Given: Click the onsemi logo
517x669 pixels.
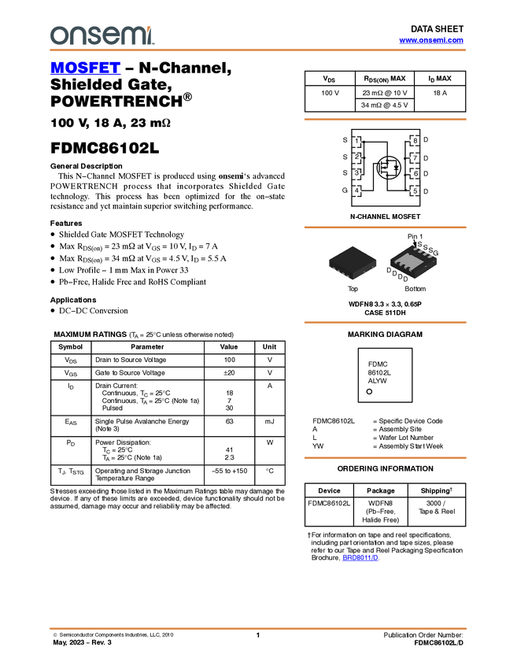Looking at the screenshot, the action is coord(102,35).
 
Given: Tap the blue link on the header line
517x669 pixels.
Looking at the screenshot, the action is coord(430,40).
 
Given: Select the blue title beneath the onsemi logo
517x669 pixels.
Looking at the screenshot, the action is coord(85,68).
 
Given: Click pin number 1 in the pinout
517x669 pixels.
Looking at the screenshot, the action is coord(356,142).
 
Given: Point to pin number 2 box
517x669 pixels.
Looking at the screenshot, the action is coord(356,157).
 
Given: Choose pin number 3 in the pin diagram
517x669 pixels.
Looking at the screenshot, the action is coord(356,173).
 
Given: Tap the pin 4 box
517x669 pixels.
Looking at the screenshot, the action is coord(356,190).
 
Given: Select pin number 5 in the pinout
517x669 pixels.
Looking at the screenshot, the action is coord(415,190).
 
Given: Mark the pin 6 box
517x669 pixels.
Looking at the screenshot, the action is coord(415,173).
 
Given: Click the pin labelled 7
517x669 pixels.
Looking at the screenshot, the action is coord(415,157).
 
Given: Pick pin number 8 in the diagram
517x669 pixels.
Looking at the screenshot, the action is coord(415,141).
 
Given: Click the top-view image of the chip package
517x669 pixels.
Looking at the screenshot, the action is coord(353,262).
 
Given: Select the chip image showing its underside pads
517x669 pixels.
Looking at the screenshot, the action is coord(413,262).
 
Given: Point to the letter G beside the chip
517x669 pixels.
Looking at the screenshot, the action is coord(436,252).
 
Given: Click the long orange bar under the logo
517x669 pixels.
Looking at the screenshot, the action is coord(258,50).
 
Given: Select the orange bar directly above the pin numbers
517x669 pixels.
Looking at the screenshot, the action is coord(385,120).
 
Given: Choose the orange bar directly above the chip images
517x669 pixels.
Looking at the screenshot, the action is coord(385,227).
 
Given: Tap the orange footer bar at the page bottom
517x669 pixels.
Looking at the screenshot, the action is coord(258,629).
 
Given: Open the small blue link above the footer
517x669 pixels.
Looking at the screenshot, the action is coord(360,558).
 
